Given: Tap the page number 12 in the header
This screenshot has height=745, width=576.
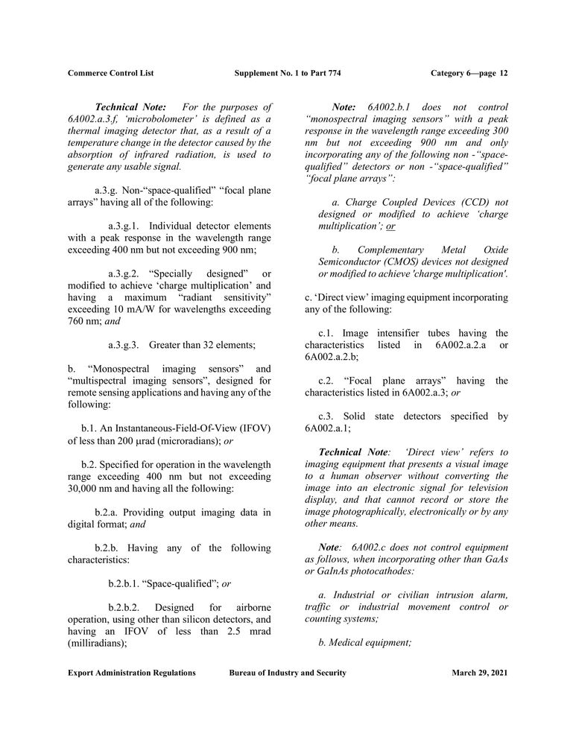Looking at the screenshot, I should (504, 73).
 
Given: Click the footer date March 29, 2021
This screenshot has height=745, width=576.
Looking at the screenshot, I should (479, 673).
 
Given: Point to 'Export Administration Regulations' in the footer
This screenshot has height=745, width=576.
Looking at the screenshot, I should (132, 673).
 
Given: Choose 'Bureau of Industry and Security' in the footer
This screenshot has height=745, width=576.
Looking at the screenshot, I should (288, 673).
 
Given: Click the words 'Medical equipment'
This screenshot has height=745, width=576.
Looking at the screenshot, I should (370, 642).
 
